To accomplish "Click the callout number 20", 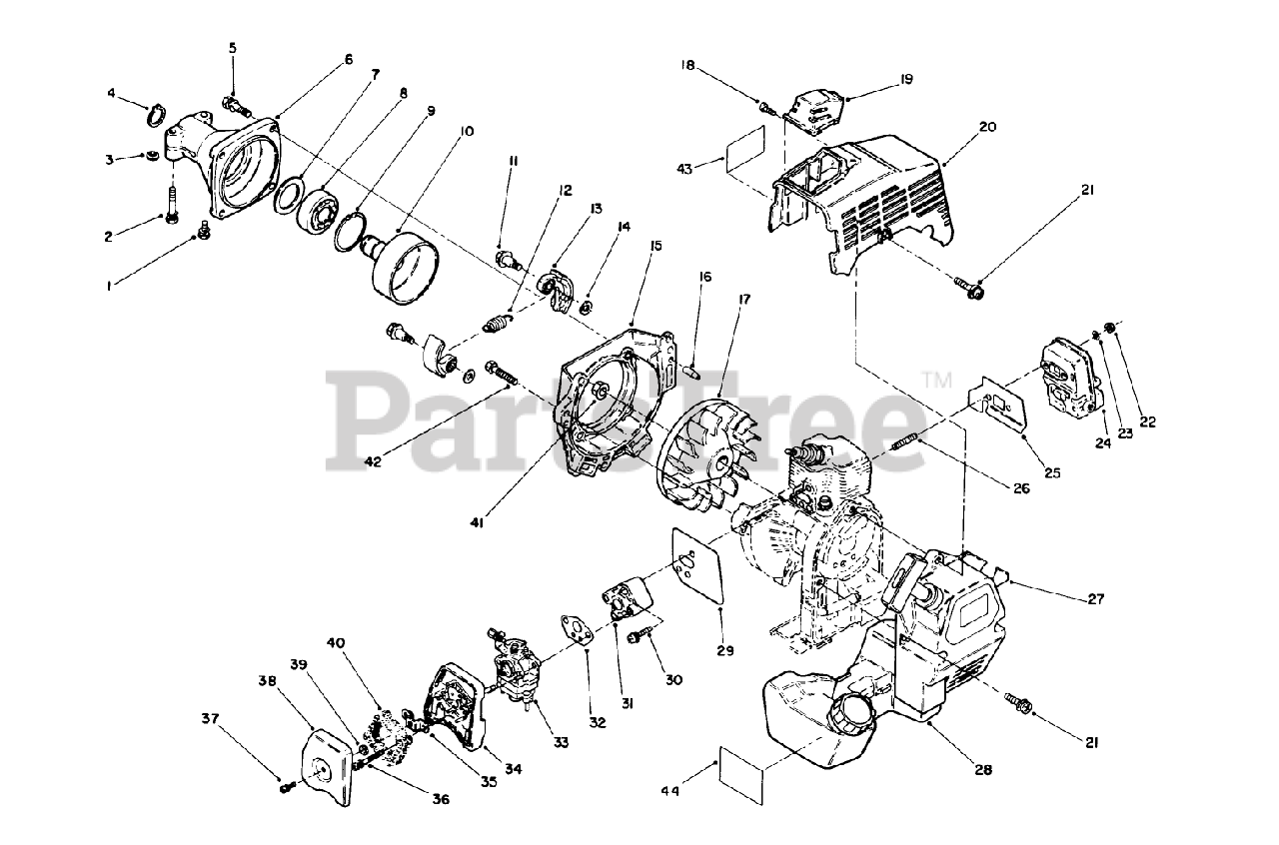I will tap(988, 127).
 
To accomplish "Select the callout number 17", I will tap(744, 298).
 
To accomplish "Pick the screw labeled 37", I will tap(286, 787).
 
